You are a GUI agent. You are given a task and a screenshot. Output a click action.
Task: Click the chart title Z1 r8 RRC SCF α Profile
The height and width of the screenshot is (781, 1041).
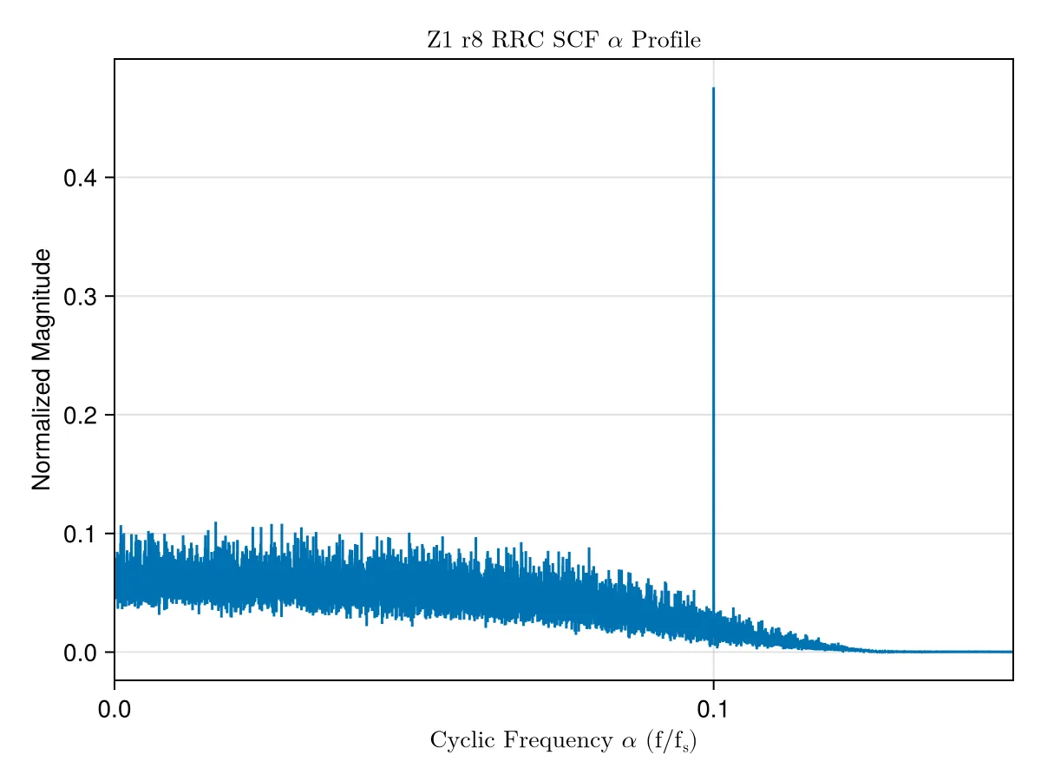[x=563, y=40]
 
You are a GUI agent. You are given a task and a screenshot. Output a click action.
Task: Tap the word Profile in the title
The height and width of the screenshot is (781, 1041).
[x=666, y=40]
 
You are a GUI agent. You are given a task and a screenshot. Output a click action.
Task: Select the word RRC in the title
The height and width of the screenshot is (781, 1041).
[x=517, y=40]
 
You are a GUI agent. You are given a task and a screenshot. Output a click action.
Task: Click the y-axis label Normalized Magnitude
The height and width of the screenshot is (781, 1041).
[x=42, y=370]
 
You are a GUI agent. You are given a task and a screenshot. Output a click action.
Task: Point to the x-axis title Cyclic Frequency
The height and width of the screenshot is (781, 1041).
[x=521, y=740]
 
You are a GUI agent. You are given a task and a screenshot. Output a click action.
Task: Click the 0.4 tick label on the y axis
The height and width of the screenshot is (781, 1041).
[x=80, y=178]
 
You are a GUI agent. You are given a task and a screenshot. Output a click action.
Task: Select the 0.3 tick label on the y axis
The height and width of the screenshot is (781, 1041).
[x=80, y=297]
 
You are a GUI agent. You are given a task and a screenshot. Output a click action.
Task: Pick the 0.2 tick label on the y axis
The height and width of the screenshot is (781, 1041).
[x=80, y=416]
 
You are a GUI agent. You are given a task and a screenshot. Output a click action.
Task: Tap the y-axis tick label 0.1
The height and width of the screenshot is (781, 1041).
[x=80, y=534]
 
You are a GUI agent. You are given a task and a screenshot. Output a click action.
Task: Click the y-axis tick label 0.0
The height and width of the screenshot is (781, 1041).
[x=80, y=653]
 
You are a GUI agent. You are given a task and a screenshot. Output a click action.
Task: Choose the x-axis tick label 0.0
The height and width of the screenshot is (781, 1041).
[x=115, y=709]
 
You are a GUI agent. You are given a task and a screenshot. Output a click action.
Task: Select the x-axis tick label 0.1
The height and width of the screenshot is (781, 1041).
[x=713, y=709]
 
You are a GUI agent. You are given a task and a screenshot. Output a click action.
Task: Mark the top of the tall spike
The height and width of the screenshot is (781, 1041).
[x=713, y=88]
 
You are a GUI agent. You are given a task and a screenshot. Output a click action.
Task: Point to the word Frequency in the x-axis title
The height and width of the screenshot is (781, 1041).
[x=558, y=741]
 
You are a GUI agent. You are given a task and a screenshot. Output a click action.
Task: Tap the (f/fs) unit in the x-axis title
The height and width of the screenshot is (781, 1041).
[x=671, y=741]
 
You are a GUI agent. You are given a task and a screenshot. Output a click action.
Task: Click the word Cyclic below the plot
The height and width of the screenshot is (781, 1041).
[x=462, y=741]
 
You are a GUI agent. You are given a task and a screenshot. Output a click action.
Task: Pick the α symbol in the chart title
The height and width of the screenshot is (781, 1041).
[x=615, y=42]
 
